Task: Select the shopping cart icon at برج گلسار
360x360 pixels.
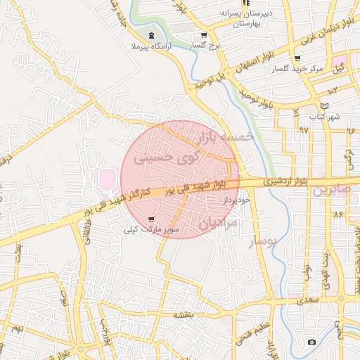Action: click(204, 35)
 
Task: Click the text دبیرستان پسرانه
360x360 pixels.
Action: click(241, 13)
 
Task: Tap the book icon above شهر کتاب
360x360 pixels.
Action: click(324, 105)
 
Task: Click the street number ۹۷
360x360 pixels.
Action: click(304, 129)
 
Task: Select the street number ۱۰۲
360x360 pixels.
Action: click(333, 89)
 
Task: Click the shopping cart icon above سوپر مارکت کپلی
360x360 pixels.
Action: click(151, 219)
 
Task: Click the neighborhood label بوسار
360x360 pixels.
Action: click(264, 241)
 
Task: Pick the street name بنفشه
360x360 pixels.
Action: click(184, 316)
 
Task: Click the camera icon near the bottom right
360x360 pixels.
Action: click(311, 342)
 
